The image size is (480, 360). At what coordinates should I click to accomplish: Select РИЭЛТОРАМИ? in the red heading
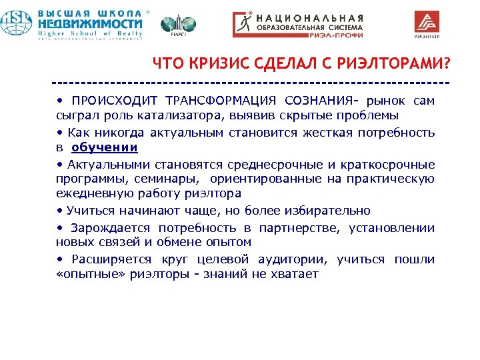(x=393, y=64)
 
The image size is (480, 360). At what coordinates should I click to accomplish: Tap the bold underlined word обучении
(x=105, y=147)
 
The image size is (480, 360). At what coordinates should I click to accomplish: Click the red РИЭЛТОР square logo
(x=428, y=24)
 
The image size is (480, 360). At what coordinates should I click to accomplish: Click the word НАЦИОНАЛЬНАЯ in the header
(x=311, y=18)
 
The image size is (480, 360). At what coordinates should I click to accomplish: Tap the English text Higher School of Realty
(x=89, y=33)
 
